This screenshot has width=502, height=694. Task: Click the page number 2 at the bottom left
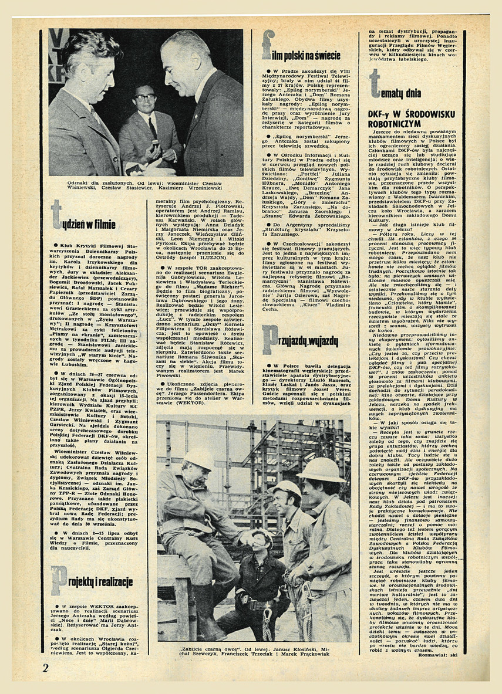pyautogui.click(x=46, y=668)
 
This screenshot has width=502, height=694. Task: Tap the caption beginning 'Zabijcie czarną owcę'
pyautogui.click(x=254, y=652)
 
